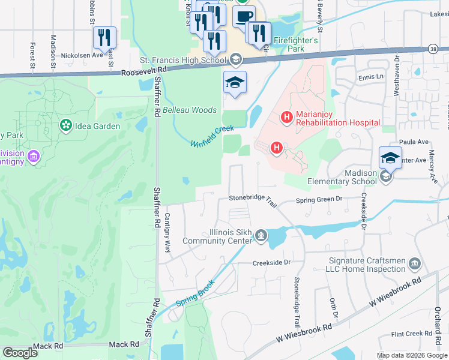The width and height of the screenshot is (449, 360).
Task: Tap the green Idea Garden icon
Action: click(x=64, y=126)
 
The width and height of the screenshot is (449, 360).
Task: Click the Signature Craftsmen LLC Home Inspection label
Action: click(x=367, y=265)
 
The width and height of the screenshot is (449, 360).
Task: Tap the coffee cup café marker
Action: click(x=244, y=17)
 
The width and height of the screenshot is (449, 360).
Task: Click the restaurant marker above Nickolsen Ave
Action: click(x=105, y=38)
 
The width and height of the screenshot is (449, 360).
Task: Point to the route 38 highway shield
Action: click(x=433, y=49)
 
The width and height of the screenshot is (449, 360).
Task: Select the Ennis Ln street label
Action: click(x=371, y=77)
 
